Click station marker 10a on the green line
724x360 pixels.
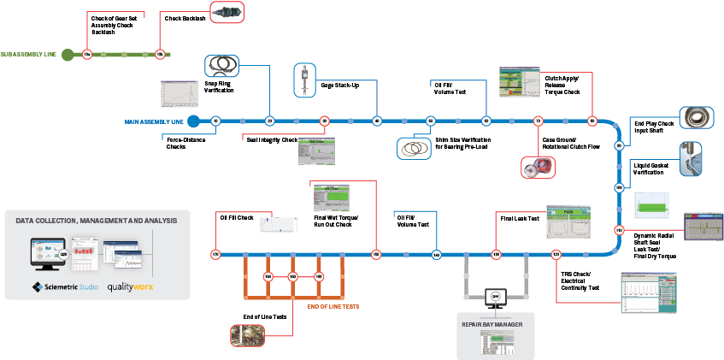pyautogui.click(x=86, y=55)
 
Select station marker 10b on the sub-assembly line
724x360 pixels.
pyautogui.click(x=160, y=55)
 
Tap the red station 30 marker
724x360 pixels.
pyautogui.click(x=325, y=121)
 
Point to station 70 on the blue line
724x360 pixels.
pyautogui.click(x=539, y=121)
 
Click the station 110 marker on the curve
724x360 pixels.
pyautogui.click(x=619, y=230)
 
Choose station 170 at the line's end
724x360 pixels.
pyautogui.click(x=215, y=254)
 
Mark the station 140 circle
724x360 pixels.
pyautogui.click(x=437, y=255)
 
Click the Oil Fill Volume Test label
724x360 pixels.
pyautogui.click(x=450, y=88)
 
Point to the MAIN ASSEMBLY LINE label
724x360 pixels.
pyautogui.click(x=154, y=122)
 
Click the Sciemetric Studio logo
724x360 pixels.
pyautogui.click(x=66, y=286)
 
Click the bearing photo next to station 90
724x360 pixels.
pyautogui.click(x=696, y=117)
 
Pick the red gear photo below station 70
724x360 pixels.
pyautogui.click(x=539, y=167)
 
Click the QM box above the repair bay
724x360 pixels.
pyautogui.click(x=496, y=296)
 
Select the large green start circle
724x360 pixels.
pyautogui.click(x=68, y=55)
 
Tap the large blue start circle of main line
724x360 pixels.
pyautogui.click(x=194, y=121)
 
